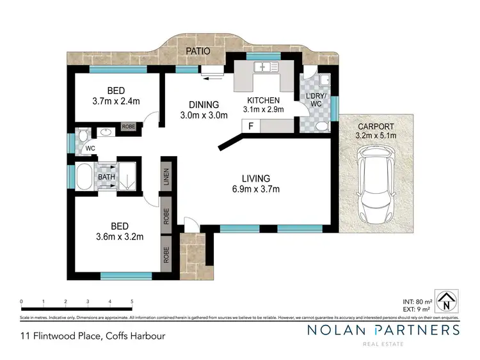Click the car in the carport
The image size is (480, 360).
(x=376, y=186)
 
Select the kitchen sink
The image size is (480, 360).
(x=263, y=67)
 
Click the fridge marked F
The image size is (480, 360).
(x=251, y=127)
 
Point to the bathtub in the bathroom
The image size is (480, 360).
(x=83, y=177)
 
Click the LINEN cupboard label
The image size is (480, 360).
(x=166, y=176)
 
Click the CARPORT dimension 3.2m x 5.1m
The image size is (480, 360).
(x=376, y=136)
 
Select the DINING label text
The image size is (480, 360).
(x=204, y=105)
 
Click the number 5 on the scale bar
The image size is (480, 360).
(x=132, y=301)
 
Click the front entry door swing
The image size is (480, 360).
(x=191, y=224)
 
